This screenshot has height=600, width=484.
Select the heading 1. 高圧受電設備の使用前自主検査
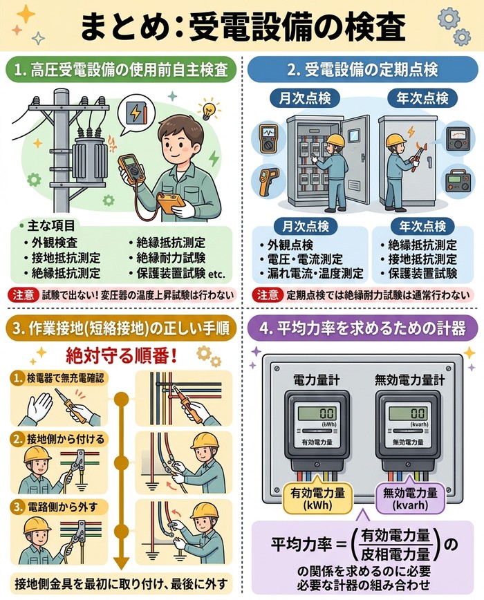pyautogui.click(x=121, y=71)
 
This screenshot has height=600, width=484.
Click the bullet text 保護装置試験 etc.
pyautogui.click(x=178, y=274)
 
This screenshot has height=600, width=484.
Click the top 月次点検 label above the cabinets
pyautogui.click(x=304, y=98)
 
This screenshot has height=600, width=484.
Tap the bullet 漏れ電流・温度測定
pyautogui.click(x=311, y=274)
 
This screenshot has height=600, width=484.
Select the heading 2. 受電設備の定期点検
pyautogui.click(x=362, y=71)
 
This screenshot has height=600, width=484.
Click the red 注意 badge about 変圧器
pyautogui.click(x=24, y=295)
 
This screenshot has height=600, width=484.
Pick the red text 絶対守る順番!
pyautogui.click(x=122, y=357)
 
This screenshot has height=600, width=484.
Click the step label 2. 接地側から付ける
pyautogui.click(x=59, y=439)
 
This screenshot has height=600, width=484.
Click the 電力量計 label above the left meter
pyautogui.click(x=317, y=379)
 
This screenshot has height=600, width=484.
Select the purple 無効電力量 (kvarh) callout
pyautogui.click(x=410, y=498)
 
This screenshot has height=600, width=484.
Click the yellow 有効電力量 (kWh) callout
pyautogui.click(x=317, y=498)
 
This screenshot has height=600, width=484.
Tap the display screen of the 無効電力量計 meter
pyautogui.click(x=408, y=413)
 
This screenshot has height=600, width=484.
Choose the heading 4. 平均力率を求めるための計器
pyautogui.click(x=362, y=329)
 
